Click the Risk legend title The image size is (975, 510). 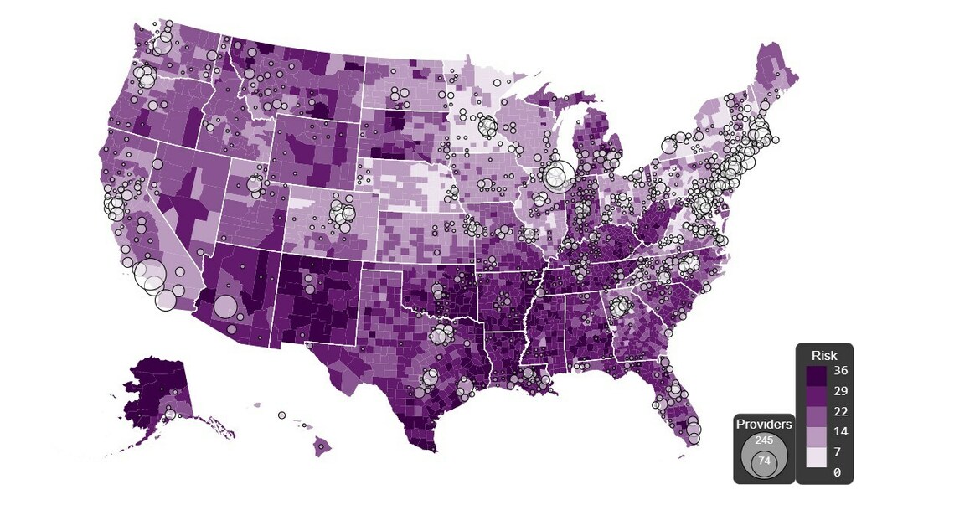824,355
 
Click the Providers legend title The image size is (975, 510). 764,425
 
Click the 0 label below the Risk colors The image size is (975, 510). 837,472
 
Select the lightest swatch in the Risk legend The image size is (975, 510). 815,456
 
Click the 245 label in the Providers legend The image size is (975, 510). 764,440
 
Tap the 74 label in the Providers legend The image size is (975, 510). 764,461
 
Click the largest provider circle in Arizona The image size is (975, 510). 225,307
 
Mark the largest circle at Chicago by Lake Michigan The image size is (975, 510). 559,177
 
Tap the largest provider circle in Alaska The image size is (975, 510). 170,414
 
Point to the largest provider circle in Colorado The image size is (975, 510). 343,215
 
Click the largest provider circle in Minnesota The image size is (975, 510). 488,128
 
